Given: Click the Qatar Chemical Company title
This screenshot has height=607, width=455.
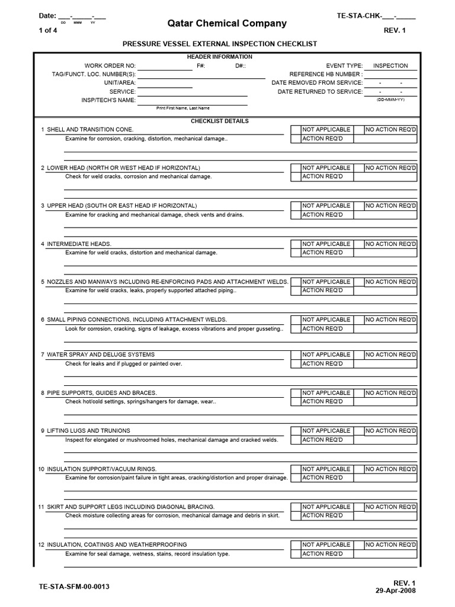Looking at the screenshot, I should (x=227, y=24).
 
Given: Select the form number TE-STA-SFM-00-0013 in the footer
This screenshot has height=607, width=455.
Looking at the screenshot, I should (x=73, y=587).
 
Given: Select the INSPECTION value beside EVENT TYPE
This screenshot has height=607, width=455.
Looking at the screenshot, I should (x=390, y=66).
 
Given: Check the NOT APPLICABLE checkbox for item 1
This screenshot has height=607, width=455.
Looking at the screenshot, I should (x=296, y=130).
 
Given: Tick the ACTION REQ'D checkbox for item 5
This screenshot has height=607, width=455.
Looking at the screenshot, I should (x=296, y=290).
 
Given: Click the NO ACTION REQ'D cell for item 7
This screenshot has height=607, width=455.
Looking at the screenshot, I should (x=391, y=354).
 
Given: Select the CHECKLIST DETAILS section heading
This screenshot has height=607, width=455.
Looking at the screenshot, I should (x=219, y=121).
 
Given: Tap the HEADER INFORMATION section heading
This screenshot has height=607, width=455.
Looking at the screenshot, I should (x=219, y=57).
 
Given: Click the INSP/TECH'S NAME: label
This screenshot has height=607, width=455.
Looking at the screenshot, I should (x=108, y=100).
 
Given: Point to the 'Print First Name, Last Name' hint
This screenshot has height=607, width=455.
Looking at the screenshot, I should (x=182, y=108).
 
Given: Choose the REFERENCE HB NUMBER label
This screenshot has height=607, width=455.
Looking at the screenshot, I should (x=325, y=74).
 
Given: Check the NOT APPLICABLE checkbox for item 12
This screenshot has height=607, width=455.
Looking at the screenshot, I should (x=296, y=545).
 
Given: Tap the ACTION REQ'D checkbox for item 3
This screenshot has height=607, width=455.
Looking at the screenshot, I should (x=296, y=215).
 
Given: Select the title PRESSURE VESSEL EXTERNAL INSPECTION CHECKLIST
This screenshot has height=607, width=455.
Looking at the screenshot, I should (x=219, y=44).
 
